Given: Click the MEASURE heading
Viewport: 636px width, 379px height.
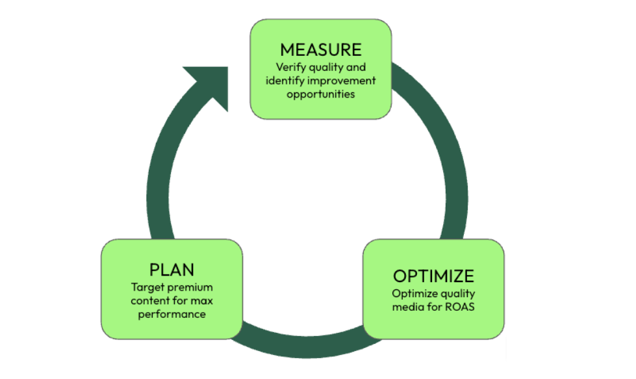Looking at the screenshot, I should [320, 49].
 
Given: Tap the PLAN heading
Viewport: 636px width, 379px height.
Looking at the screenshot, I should [172, 269].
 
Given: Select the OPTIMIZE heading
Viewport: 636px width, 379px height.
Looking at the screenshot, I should [433, 275].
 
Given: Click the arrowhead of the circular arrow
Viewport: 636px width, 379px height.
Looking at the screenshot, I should [207, 84].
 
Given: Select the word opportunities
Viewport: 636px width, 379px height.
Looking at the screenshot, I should [321, 94].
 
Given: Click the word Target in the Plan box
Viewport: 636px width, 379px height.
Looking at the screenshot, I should [146, 287].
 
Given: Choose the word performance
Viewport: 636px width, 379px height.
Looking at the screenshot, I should [172, 314].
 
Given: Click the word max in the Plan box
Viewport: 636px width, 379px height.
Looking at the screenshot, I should [202, 300].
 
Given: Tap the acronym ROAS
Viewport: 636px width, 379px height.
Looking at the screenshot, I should [459, 306].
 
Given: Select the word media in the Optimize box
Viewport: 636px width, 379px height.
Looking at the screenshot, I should [407, 306].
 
